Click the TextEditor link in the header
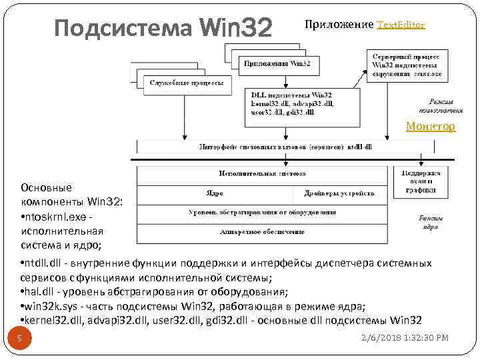click(401, 25)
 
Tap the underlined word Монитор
click(431, 126)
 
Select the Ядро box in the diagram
click(214, 193)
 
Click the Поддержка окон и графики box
click(422, 181)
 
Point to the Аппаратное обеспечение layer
click(262, 232)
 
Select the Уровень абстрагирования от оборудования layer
click(262, 213)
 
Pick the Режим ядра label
click(430, 222)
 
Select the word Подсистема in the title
click(123, 29)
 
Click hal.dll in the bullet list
click(37, 292)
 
